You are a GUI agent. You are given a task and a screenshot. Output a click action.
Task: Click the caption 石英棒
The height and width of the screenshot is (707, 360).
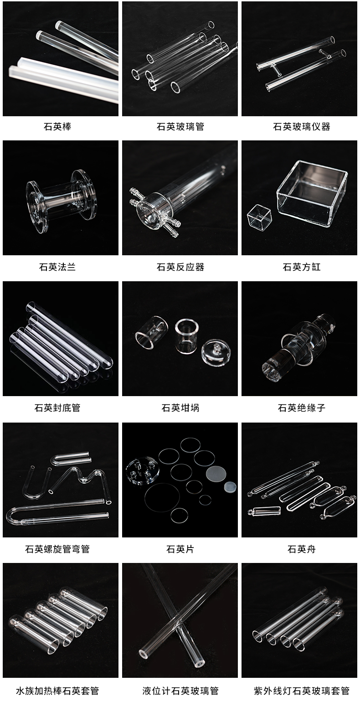(x=57, y=127)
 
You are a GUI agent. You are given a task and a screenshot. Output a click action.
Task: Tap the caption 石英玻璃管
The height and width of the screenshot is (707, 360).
(x=180, y=127)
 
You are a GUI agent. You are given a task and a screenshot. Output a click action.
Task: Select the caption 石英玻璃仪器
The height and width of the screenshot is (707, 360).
(x=302, y=127)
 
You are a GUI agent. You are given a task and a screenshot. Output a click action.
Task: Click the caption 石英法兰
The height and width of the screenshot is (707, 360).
(x=57, y=267)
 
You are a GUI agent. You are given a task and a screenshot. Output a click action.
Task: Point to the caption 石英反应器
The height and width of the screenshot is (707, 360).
(x=180, y=267)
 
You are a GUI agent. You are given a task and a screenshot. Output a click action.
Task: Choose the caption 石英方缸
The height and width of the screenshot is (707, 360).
(x=302, y=267)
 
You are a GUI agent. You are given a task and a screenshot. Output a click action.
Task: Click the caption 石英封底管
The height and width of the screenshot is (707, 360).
(x=57, y=408)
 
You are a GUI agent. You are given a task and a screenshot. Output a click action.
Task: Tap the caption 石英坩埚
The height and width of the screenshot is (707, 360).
(x=180, y=408)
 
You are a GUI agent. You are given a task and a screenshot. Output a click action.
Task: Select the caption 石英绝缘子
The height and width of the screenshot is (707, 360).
(x=302, y=408)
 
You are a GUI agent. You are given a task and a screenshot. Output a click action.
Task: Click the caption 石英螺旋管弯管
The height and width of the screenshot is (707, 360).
(x=57, y=549)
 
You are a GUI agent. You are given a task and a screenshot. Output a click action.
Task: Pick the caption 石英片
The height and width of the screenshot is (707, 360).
(x=180, y=549)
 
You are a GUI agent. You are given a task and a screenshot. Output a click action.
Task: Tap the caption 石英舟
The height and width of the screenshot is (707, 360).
(x=302, y=549)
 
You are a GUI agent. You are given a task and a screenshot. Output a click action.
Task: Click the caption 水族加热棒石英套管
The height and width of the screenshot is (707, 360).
(x=57, y=691)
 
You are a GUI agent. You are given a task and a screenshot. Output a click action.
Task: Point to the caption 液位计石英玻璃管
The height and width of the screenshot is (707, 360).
(x=180, y=691)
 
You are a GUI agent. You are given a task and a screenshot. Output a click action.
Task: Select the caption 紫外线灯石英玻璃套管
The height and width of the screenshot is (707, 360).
(x=302, y=691)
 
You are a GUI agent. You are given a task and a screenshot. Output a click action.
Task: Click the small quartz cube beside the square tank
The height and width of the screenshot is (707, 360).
(x=259, y=217)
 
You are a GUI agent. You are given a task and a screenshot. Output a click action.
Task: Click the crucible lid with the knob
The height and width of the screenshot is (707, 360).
(x=216, y=352)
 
